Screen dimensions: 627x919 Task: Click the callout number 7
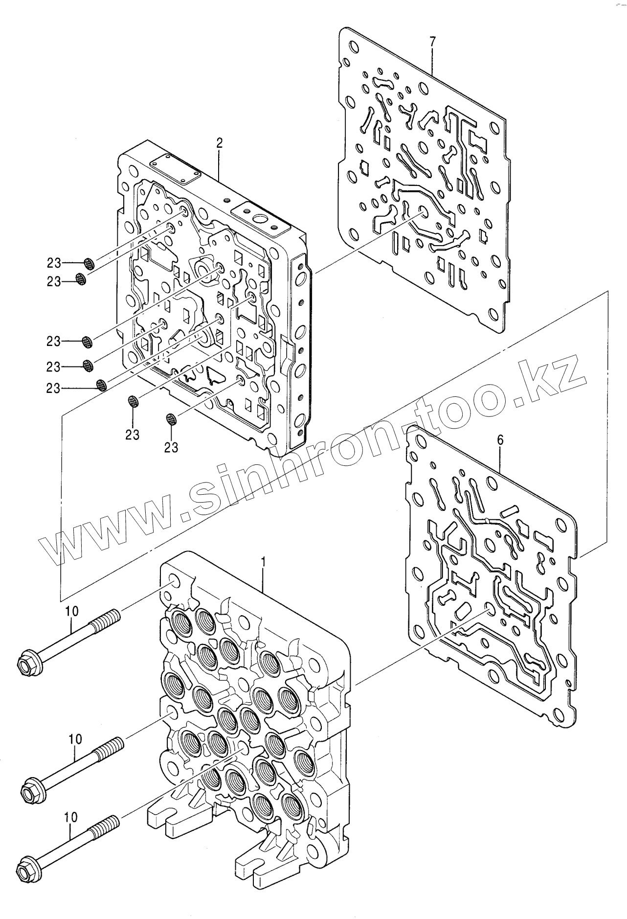click(432, 43)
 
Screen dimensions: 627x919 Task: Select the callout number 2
click(219, 143)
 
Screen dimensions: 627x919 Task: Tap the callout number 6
click(500, 440)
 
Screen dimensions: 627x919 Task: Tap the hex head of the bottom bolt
click(25, 870)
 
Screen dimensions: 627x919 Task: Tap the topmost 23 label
click(54, 263)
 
